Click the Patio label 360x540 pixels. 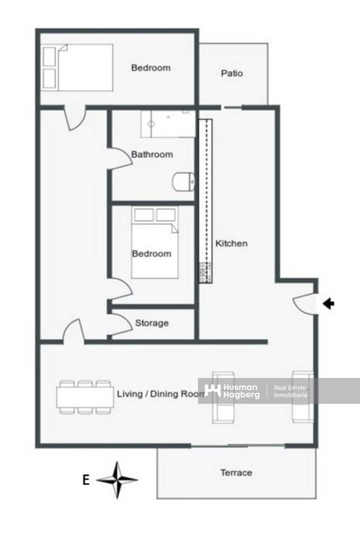[x=232, y=73]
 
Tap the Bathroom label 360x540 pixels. [x=152, y=154]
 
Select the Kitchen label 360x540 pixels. [x=231, y=243]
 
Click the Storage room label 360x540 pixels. [x=152, y=323]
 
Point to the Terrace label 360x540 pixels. [x=236, y=472]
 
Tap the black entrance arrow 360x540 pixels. [x=329, y=304]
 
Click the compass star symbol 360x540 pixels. [x=117, y=480]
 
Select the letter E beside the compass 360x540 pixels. [x=85, y=480]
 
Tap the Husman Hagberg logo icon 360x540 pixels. [x=212, y=390]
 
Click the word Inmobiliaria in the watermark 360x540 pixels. [x=291, y=395]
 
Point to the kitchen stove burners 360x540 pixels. [x=205, y=271]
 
